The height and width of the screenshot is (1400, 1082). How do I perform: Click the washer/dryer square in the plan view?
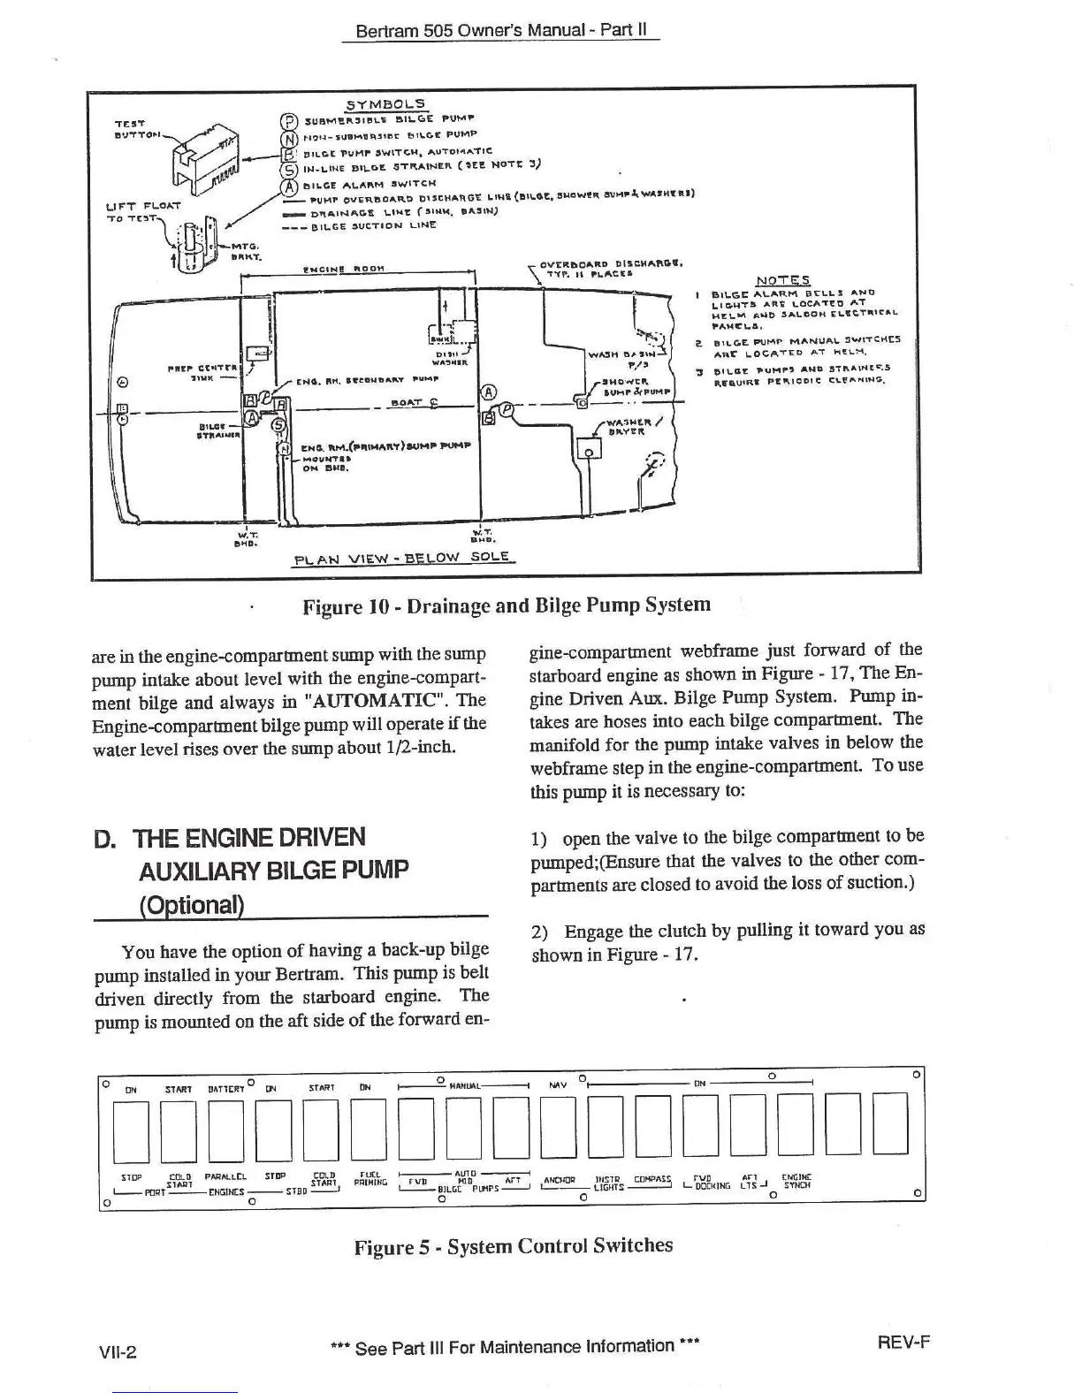click(x=589, y=450)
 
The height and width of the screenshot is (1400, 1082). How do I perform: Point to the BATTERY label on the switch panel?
click(x=226, y=1089)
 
